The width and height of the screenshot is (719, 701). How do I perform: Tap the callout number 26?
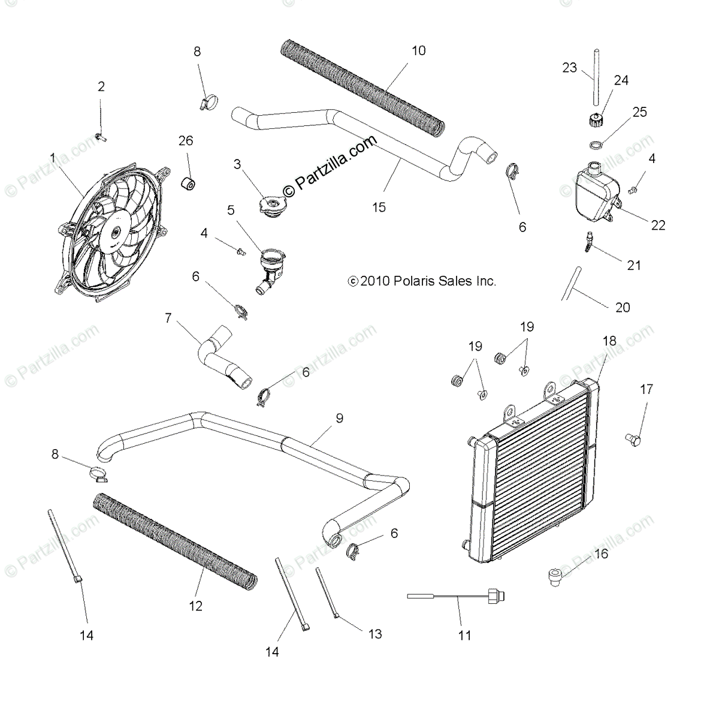186,140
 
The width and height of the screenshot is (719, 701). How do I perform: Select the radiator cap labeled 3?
273,206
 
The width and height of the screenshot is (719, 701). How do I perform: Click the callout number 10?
418,51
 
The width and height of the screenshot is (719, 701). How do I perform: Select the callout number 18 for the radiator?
609,341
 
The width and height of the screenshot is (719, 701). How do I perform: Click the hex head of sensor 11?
495,595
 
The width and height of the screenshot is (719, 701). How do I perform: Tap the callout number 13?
375,634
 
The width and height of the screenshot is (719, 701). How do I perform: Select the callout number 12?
196,606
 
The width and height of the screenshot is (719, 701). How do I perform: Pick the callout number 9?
339,418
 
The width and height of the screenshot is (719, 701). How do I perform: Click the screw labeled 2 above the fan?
100,137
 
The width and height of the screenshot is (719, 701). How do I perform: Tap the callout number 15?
379,207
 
